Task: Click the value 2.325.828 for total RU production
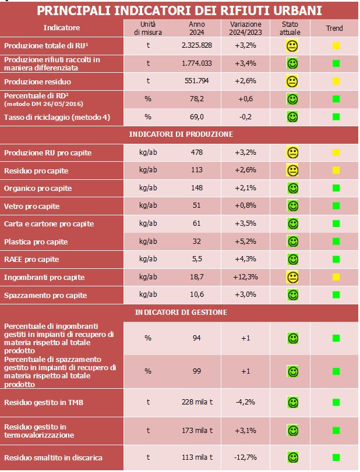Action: [197, 45]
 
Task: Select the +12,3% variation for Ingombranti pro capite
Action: [245, 277]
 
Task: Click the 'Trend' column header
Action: [334, 28]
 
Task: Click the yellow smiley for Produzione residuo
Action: [293, 81]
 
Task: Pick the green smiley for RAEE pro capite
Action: [293, 260]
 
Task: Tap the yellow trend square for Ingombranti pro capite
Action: [336, 277]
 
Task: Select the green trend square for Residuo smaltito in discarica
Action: [336, 456]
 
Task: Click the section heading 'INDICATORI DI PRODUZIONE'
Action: [181, 134]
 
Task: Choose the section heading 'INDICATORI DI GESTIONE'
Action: [181, 312]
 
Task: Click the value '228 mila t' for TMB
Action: [197, 402]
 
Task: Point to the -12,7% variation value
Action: [245, 456]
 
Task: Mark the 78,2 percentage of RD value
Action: [197, 99]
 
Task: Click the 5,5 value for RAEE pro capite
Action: [197, 260]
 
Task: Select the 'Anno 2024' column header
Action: [197, 28]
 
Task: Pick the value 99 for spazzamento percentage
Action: [197, 371]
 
